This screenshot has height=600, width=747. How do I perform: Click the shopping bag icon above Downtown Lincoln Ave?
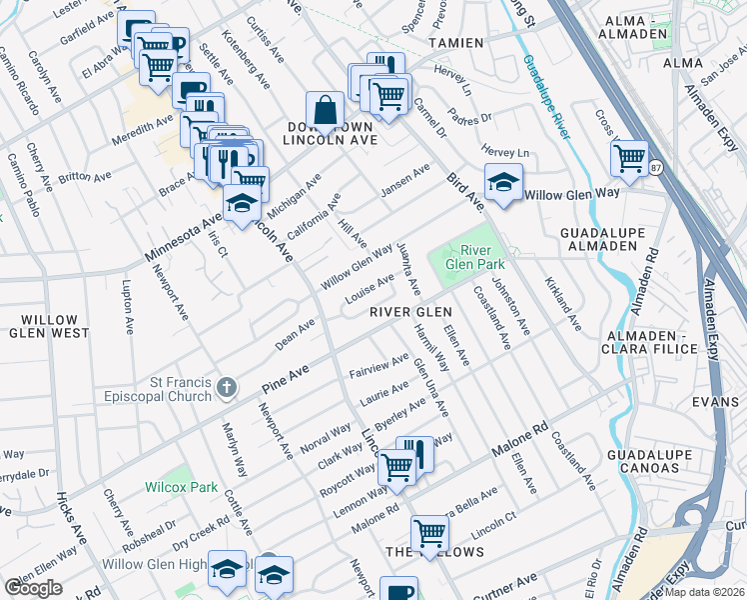[x=325, y=111]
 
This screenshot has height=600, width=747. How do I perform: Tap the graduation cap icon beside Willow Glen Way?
[x=503, y=183]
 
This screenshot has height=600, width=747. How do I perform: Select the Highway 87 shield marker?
[x=656, y=167]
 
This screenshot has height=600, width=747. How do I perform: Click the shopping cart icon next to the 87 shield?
[x=629, y=157]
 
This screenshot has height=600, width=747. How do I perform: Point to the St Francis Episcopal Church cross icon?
[x=228, y=386]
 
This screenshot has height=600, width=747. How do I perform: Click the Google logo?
[x=33, y=588]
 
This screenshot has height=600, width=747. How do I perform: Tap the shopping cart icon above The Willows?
[x=429, y=532]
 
